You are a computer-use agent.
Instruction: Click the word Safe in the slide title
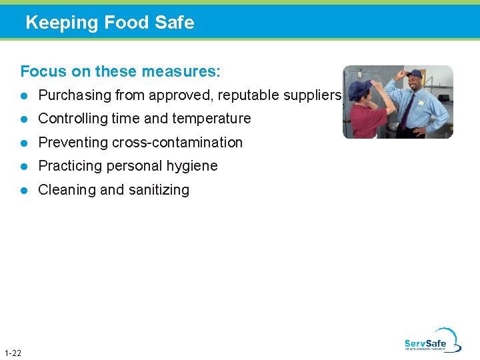175,23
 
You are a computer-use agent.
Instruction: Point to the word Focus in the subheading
41,71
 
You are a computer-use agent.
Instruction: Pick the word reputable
226,95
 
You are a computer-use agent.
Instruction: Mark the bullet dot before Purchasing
25,95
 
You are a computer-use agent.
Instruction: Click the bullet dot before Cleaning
25,190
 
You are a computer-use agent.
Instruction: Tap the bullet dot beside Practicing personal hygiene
25,166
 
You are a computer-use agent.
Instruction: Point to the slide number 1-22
12,353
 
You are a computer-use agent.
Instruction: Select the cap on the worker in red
359,89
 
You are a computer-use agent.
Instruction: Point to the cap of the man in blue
414,73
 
